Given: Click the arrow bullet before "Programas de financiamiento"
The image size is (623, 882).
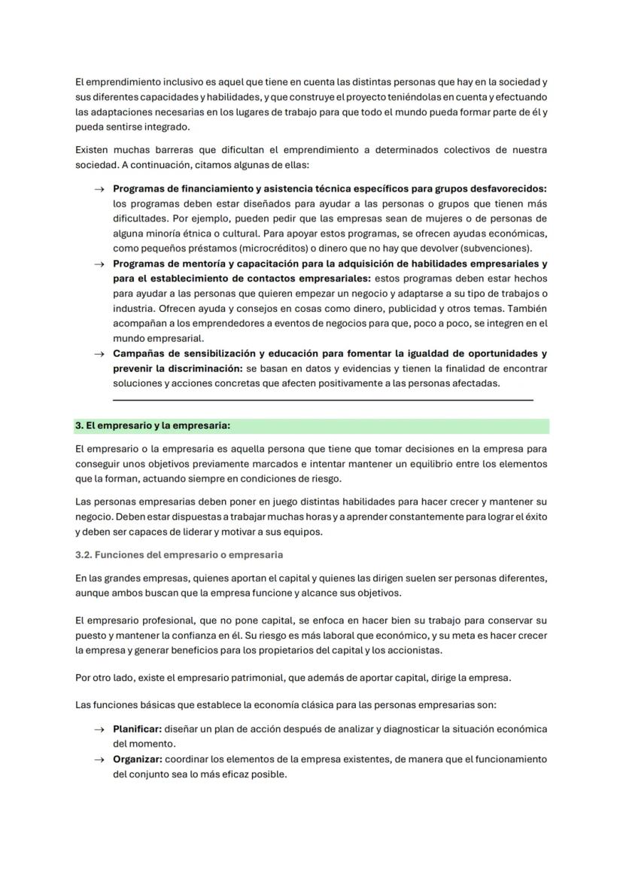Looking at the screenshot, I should (99, 189).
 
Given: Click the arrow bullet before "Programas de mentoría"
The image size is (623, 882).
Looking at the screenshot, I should (99, 264).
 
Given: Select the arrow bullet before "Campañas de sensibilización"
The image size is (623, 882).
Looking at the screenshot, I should (99, 353).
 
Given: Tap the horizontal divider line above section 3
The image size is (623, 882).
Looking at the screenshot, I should (323, 400).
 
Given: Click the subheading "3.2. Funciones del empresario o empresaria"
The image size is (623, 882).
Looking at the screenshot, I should (179, 555).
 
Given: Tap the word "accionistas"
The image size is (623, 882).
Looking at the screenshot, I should (415, 651).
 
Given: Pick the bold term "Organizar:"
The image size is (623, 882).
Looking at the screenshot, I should (138, 759).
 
